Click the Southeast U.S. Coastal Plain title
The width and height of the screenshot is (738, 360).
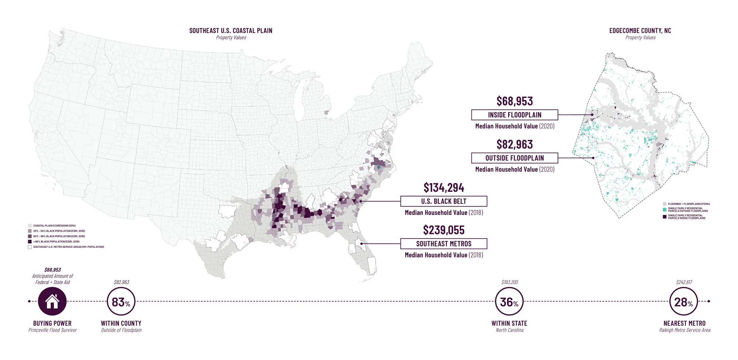coord(231,31)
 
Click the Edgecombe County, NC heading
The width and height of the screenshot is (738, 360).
coord(640,31)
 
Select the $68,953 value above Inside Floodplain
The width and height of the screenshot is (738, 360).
coord(514,101)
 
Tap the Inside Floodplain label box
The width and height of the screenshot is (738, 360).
coord(514,115)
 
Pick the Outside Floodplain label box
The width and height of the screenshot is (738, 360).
coord(514,158)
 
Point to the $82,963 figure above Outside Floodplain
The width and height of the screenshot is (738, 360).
coord(514,144)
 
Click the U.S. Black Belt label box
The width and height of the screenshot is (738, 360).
coord(444,201)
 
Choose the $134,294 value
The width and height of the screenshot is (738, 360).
coord(444,187)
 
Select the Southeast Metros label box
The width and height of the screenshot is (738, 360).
coord(444,244)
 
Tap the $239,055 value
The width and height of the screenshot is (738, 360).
coord(444,230)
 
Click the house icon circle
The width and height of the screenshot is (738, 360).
coord(52,301)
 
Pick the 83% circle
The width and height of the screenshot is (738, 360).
coord(121,302)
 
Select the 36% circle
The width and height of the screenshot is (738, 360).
coord(509,302)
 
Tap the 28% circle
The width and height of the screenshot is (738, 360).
coord(684,302)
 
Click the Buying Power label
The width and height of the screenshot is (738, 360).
coord(52,323)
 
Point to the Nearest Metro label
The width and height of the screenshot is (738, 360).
coord(684,323)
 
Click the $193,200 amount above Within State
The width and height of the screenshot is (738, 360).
coord(510,282)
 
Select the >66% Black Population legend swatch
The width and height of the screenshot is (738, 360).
coord(30,242)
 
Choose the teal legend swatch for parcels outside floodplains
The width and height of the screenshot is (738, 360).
coord(665,210)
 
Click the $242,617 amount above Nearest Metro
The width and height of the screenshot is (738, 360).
coord(684,282)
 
